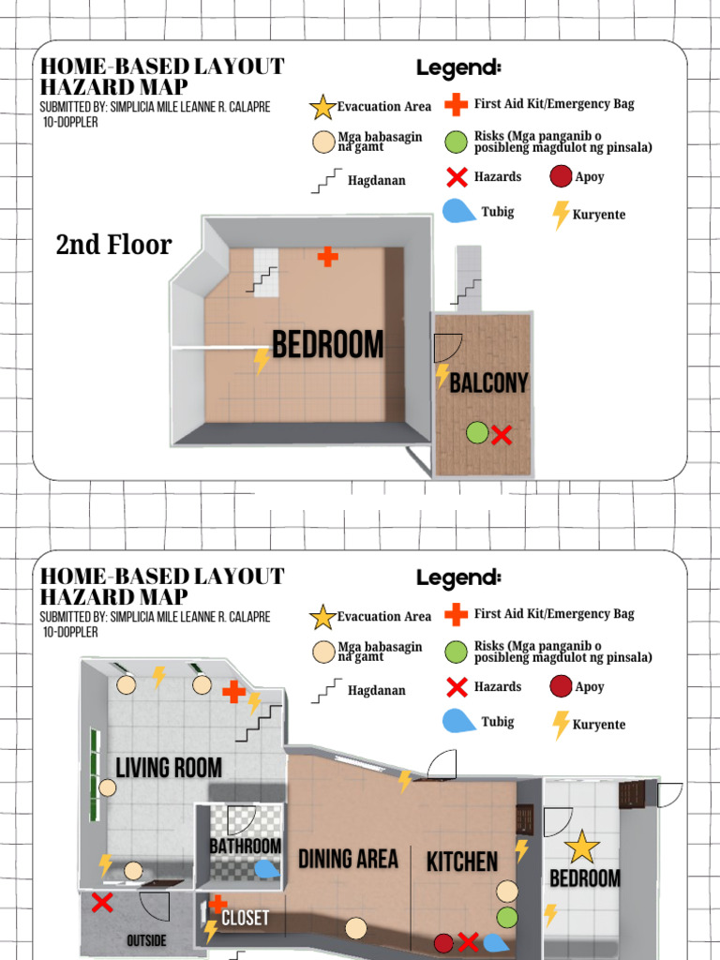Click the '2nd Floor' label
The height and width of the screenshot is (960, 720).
[113, 245]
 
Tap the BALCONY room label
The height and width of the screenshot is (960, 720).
[488, 382]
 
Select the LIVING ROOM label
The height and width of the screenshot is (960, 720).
[169, 768]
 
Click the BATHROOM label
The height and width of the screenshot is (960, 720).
[245, 846]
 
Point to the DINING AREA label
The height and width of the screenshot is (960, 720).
[348, 859]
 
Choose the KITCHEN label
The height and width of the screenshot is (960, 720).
[462, 862]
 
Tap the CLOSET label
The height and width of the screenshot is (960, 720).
[245, 918]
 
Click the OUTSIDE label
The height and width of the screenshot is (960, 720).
[146, 940]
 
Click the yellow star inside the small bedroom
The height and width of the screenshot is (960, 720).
[582, 847]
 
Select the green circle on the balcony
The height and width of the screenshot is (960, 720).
[477, 432]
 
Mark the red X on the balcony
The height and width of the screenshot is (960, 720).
[502, 435]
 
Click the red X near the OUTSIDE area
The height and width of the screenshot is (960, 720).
[102, 903]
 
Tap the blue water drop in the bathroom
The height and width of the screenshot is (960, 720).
[267, 869]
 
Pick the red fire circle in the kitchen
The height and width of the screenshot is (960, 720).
[444, 942]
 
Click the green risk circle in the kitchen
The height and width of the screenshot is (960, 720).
[507, 917]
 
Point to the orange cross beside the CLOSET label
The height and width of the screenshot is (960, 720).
[217, 904]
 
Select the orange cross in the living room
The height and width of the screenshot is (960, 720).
[233, 692]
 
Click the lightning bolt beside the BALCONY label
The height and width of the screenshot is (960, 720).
[442, 376]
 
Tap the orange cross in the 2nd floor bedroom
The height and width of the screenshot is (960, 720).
[327, 257]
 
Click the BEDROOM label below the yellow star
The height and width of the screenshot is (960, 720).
[584, 878]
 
